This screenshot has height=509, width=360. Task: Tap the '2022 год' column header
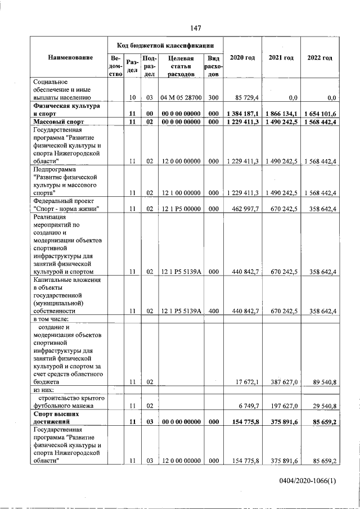319,58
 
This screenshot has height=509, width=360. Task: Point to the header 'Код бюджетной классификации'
165,44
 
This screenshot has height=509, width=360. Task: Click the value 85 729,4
245,97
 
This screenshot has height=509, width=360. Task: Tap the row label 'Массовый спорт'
58,121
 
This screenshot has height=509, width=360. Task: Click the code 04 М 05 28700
181,97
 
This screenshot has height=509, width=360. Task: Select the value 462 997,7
245,209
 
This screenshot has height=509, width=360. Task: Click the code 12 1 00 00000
181,193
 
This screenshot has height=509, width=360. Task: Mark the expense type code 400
213,311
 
